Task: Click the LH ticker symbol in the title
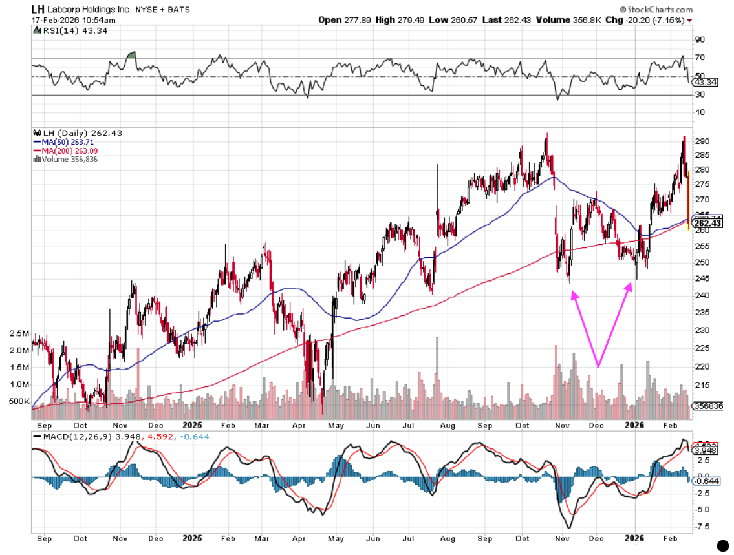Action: [39, 10]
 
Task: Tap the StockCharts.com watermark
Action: [656, 10]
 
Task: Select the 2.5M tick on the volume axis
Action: [19, 334]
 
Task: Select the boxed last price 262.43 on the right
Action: [707, 223]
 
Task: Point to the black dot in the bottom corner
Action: [723, 545]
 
